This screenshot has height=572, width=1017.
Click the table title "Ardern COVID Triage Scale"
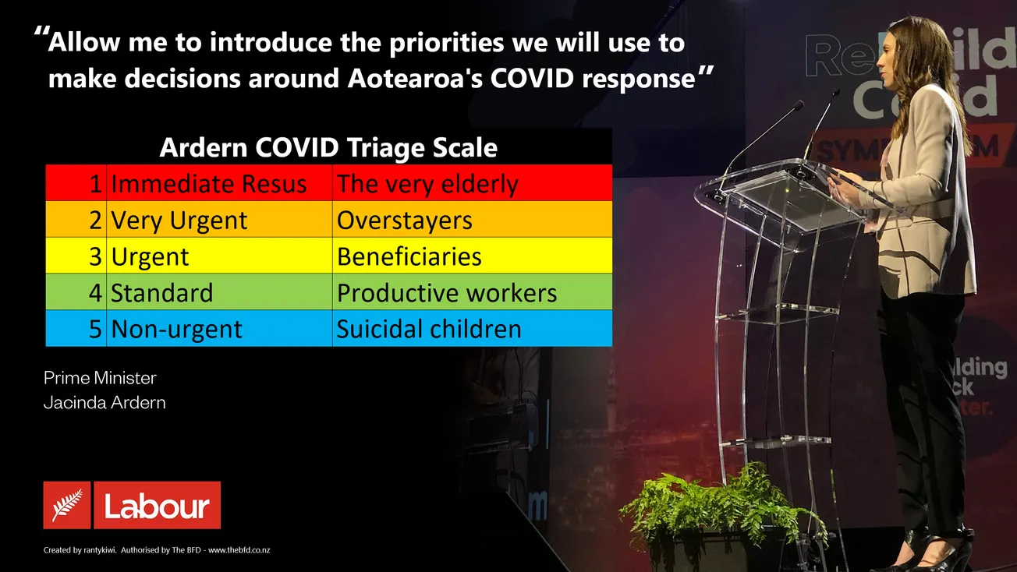328,147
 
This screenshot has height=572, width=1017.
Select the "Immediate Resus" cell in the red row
208,184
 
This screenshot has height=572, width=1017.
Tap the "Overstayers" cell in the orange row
404,221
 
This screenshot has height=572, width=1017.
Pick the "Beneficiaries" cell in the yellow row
409,257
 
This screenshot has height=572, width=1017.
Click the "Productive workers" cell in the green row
446,293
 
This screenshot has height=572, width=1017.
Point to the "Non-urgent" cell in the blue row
176,329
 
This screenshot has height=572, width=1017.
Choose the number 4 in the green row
94,293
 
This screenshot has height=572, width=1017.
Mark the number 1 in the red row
95,184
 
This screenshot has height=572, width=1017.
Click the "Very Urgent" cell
179,221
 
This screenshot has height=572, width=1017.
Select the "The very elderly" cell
427,184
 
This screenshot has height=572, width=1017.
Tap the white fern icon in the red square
67,506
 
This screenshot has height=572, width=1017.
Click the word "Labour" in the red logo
157,507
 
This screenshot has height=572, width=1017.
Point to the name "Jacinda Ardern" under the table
105,403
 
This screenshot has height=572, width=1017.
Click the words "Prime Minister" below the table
100,378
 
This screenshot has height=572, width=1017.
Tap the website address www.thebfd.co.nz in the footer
239,550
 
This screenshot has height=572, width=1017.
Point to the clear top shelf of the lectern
780,187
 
